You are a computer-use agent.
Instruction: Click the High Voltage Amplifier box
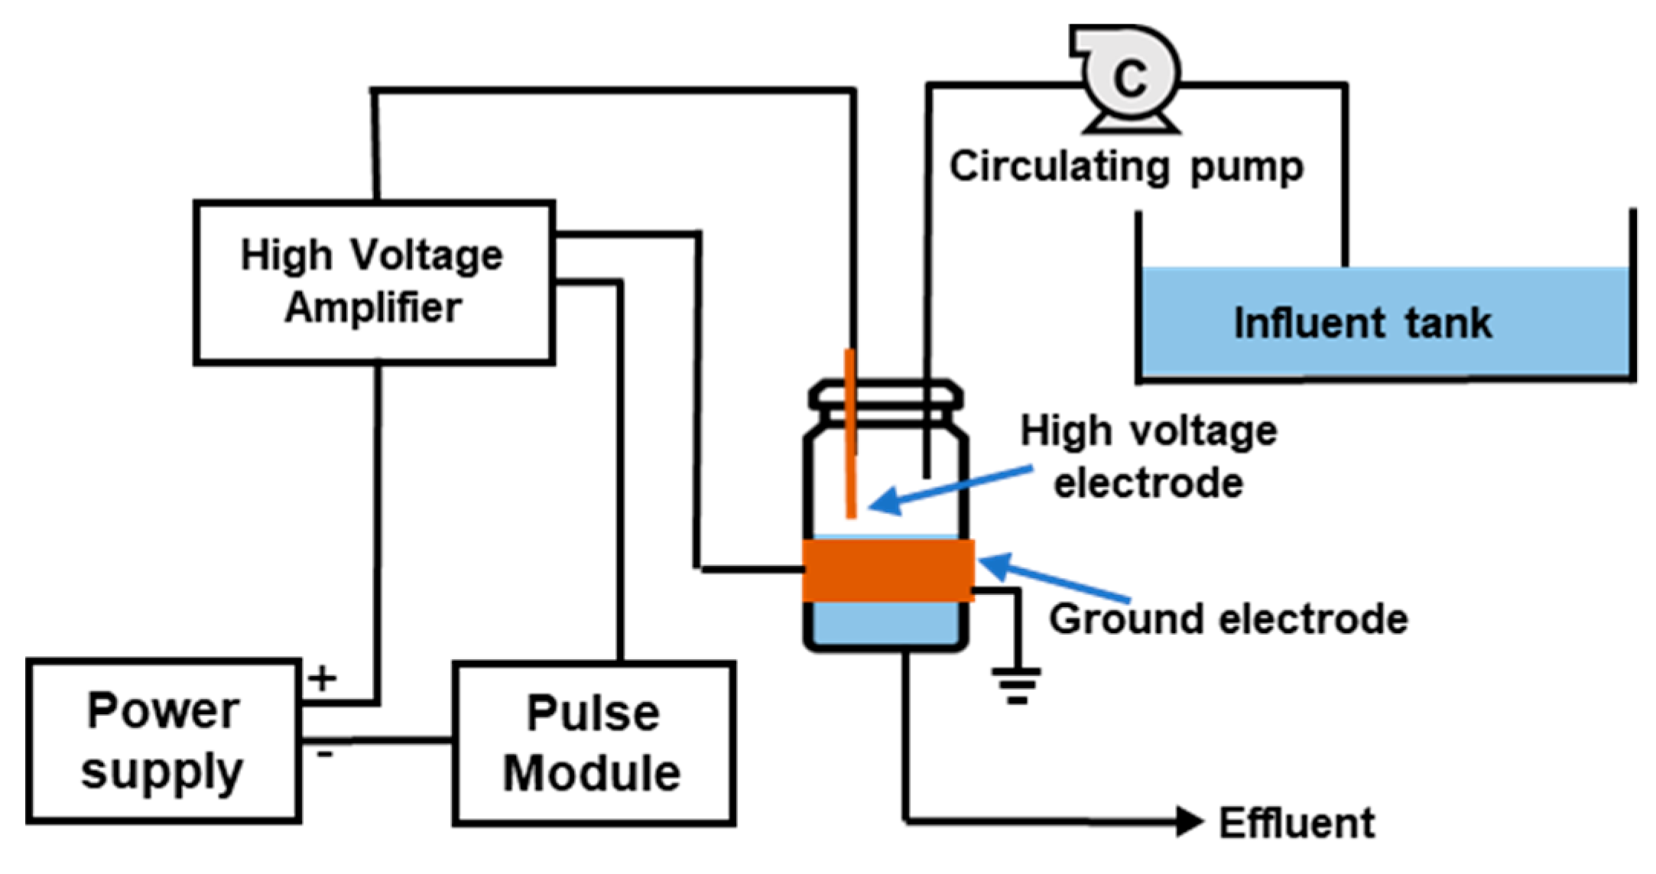tap(374, 282)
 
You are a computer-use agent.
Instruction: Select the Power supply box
tap(164, 740)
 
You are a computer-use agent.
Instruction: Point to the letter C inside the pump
tap(1130, 77)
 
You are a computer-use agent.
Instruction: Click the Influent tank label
tap(1362, 322)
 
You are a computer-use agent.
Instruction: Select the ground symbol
tap(1016, 684)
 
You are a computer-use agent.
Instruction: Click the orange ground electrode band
tap(888, 570)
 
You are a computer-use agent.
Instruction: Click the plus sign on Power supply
tap(323, 677)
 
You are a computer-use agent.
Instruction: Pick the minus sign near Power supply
tap(325, 754)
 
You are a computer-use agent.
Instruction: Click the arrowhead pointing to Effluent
tap(1189, 822)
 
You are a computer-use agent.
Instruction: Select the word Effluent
tap(1297, 824)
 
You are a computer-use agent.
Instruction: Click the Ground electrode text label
tap(1228, 619)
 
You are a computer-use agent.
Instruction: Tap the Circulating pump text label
tap(1126, 167)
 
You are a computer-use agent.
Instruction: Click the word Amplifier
tap(373, 308)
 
